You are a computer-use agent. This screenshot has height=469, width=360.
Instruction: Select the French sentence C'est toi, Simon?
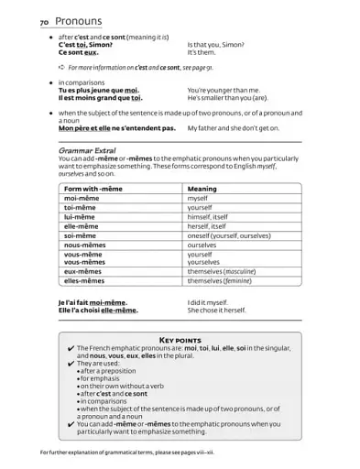click(86, 44)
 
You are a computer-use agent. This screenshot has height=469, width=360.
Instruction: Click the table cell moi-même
click(83, 198)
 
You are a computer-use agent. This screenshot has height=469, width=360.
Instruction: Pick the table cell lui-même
click(82, 216)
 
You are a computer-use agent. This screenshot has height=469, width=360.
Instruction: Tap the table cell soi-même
click(82, 235)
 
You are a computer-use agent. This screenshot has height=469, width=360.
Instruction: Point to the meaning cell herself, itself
click(206, 225)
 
